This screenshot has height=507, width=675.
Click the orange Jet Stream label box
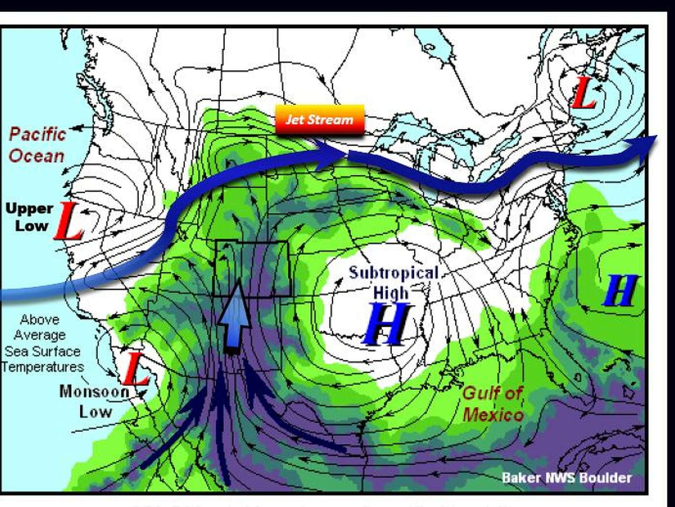[320, 120]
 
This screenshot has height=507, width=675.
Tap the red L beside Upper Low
[69, 221]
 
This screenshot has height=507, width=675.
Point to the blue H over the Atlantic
[620, 291]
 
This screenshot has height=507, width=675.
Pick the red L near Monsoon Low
[135, 369]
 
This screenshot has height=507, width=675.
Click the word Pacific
[38, 134]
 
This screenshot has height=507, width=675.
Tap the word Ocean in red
[37, 156]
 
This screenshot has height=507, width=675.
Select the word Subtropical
[394, 273]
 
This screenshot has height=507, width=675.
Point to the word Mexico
[493, 415]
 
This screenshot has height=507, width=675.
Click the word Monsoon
[94, 392]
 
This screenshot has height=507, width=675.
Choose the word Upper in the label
[30, 208]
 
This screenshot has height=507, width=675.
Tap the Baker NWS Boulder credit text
[566, 478]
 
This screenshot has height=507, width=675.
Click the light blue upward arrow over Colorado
[234, 317]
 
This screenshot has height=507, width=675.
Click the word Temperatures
[43, 367]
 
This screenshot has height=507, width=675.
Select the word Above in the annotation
[40, 320]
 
